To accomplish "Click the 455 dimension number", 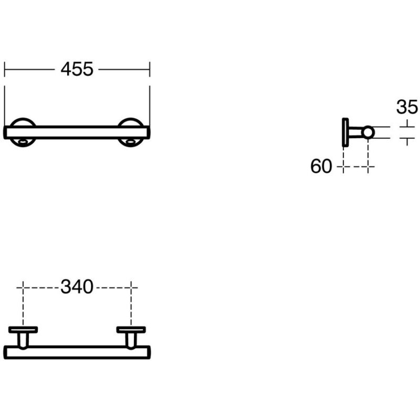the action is point(77,69).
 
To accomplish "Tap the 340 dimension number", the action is point(77,287).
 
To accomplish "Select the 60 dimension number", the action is point(321,166).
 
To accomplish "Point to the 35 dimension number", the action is point(407,107).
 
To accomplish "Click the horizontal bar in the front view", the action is point(77,132).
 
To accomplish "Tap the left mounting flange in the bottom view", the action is point(23,330).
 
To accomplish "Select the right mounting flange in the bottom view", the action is point(131,330).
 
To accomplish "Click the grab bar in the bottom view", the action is point(77,352).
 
